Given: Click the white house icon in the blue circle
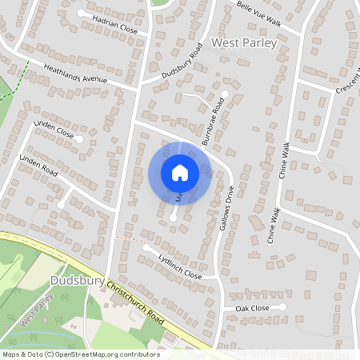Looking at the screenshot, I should coord(180,172).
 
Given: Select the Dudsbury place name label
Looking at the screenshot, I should coord(76,281).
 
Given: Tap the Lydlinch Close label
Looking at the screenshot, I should coord(180,264).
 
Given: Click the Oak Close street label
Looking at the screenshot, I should coord(252,308).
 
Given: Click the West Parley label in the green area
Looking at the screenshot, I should coord(38,310).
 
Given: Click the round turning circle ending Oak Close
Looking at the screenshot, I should coord(282,306).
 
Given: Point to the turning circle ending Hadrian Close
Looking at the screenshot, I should coord(81,14).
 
